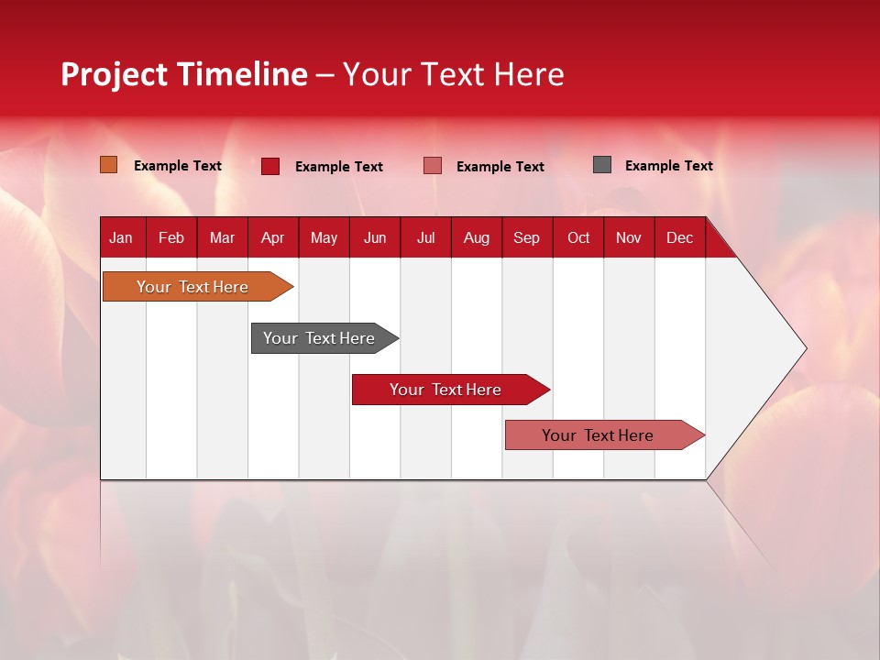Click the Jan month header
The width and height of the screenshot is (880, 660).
pyautogui.click(x=121, y=237)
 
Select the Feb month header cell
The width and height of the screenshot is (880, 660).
pyautogui.click(x=171, y=237)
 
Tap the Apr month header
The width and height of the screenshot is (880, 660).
pyautogui.click(x=272, y=237)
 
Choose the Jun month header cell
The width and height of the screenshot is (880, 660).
pyautogui.click(x=375, y=237)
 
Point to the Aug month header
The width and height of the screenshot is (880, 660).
pyautogui.click(x=477, y=237)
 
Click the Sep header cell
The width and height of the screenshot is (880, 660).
pyautogui.click(x=527, y=237)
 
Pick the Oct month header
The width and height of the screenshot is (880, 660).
pyautogui.click(x=578, y=237)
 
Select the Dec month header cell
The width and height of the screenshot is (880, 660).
pyautogui.click(x=680, y=237)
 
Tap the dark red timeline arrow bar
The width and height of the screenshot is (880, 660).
pyautogui.click(x=446, y=390)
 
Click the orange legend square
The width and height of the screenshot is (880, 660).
pyautogui.click(x=109, y=165)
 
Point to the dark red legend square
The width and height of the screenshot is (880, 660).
pyautogui.click(x=270, y=166)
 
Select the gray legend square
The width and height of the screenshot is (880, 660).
pyautogui.click(x=602, y=165)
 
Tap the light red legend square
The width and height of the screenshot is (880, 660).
pyautogui.click(x=433, y=166)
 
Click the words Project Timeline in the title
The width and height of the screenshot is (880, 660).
pyautogui.click(x=184, y=74)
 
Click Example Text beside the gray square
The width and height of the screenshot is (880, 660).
pyautogui.click(x=668, y=166)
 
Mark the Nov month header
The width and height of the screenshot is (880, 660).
pyautogui.click(x=629, y=237)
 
